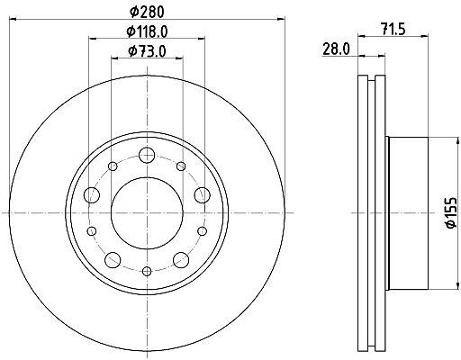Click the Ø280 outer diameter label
pyautogui.click(x=147, y=12)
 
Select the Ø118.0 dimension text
pyautogui.click(x=147, y=31)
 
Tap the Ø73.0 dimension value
pyautogui.click(x=147, y=51)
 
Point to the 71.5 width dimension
pyautogui.click(x=393, y=29)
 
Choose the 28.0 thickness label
pyautogui.click(x=336, y=49)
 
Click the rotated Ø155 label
pyautogui.click(x=451, y=212)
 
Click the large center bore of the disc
pyautogui.click(x=147, y=213)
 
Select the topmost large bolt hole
pyautogui.click(x=147, y=155)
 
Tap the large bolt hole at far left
pyautogui.click(x=92, y=195)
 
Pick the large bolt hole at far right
pyautogui.click(x=203, y=195)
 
